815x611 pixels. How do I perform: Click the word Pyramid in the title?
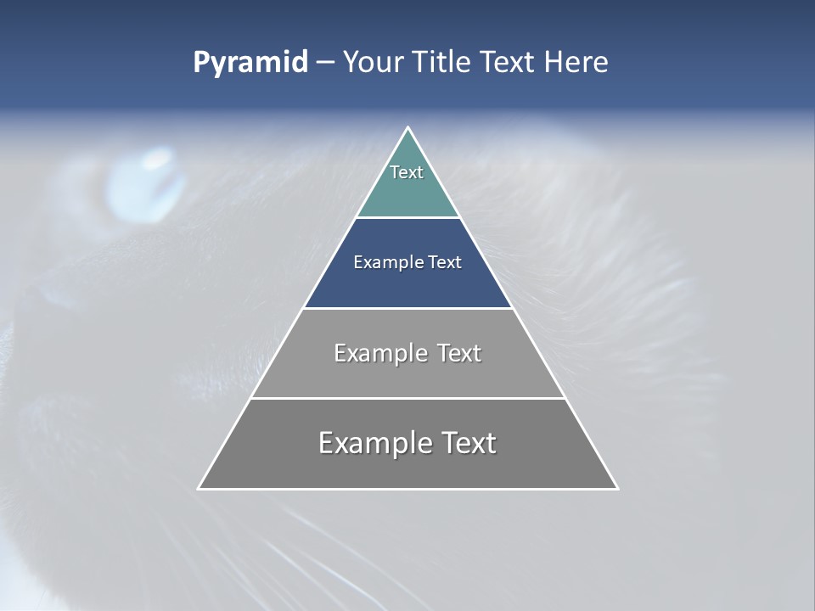[x=250, y=63]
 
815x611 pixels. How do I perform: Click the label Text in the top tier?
[x=407, y=172]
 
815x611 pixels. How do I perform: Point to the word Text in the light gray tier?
[x=459, y=353]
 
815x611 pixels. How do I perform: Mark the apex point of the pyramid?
[x=408, y=128]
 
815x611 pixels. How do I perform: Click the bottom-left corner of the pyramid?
[x=199, y=488]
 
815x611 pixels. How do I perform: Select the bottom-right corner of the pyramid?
[x=617, y=488]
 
